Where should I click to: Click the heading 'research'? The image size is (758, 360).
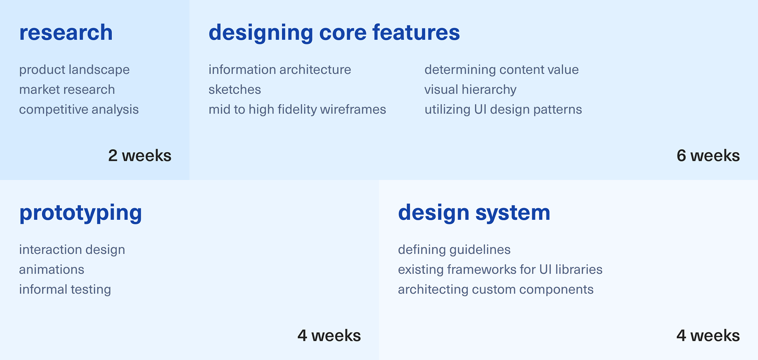point(66,32)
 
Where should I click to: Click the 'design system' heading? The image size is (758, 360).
point(474,213)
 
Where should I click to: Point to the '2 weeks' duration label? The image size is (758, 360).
point(140,156)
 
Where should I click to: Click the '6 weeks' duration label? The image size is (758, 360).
point(708,156)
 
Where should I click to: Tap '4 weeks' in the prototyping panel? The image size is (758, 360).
point(329,336)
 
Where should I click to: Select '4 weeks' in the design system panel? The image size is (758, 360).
point(708,336)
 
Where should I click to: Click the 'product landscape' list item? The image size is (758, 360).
point(74,70)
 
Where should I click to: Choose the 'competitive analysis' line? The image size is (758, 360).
point(79,110)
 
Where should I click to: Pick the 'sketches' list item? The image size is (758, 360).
point(235,90)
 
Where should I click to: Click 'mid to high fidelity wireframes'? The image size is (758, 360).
point(297,110)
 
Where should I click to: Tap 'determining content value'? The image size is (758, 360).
point(501,70)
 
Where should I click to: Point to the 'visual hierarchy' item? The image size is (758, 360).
point(470,90)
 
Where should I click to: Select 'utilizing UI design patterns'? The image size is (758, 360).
point(503,110)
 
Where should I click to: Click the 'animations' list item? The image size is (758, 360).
point(52,270)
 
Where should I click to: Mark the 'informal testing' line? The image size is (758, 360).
point(65,290)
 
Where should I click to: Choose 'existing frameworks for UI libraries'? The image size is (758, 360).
point(500,270)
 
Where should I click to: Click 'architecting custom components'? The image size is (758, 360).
point(496,290)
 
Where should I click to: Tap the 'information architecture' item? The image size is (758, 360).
point(280,70)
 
